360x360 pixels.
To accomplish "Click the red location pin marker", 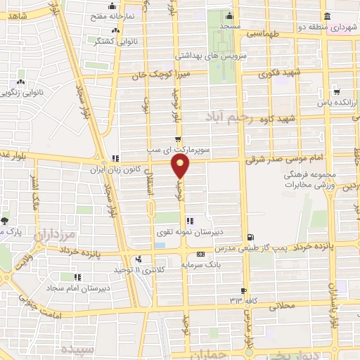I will click(x=181, y=167).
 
